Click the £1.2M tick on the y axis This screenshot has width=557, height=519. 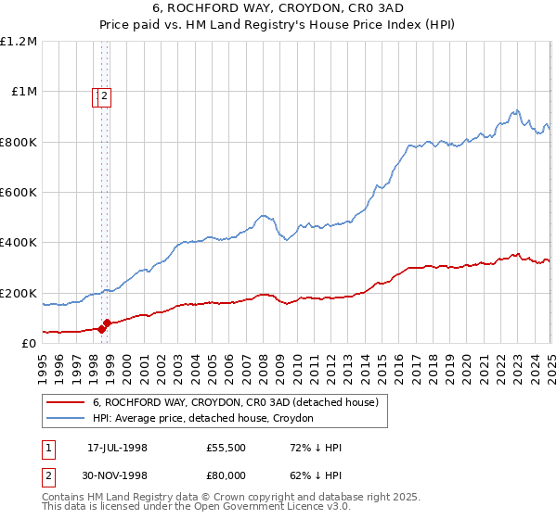point(19,42)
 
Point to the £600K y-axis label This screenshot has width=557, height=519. point(19,193)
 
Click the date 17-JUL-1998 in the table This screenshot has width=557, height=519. point(117,448)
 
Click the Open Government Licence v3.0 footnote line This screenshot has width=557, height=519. point(196,507)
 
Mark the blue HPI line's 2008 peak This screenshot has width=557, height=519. point(266,214)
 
